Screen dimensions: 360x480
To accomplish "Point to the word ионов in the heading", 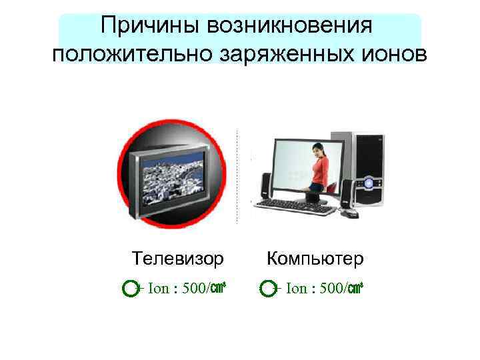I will click(x=391, y=53).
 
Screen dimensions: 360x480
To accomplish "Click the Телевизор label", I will click(x=177, y=257).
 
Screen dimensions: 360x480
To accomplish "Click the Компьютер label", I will click(x=315, y=257).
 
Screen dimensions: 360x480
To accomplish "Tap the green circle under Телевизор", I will click(x=131, y=289).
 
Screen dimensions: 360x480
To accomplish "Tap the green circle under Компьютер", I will click(x=267, y=289).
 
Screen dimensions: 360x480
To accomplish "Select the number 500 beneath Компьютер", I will click(x=333, y=289).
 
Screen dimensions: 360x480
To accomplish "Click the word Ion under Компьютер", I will click(x=297, y=289).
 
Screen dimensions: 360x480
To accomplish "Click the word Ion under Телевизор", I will click(x=159, y=289).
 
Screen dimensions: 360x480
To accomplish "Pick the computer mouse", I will click(x=348, y=213).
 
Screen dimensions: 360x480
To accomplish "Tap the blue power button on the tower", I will click(x=369, y=181).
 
